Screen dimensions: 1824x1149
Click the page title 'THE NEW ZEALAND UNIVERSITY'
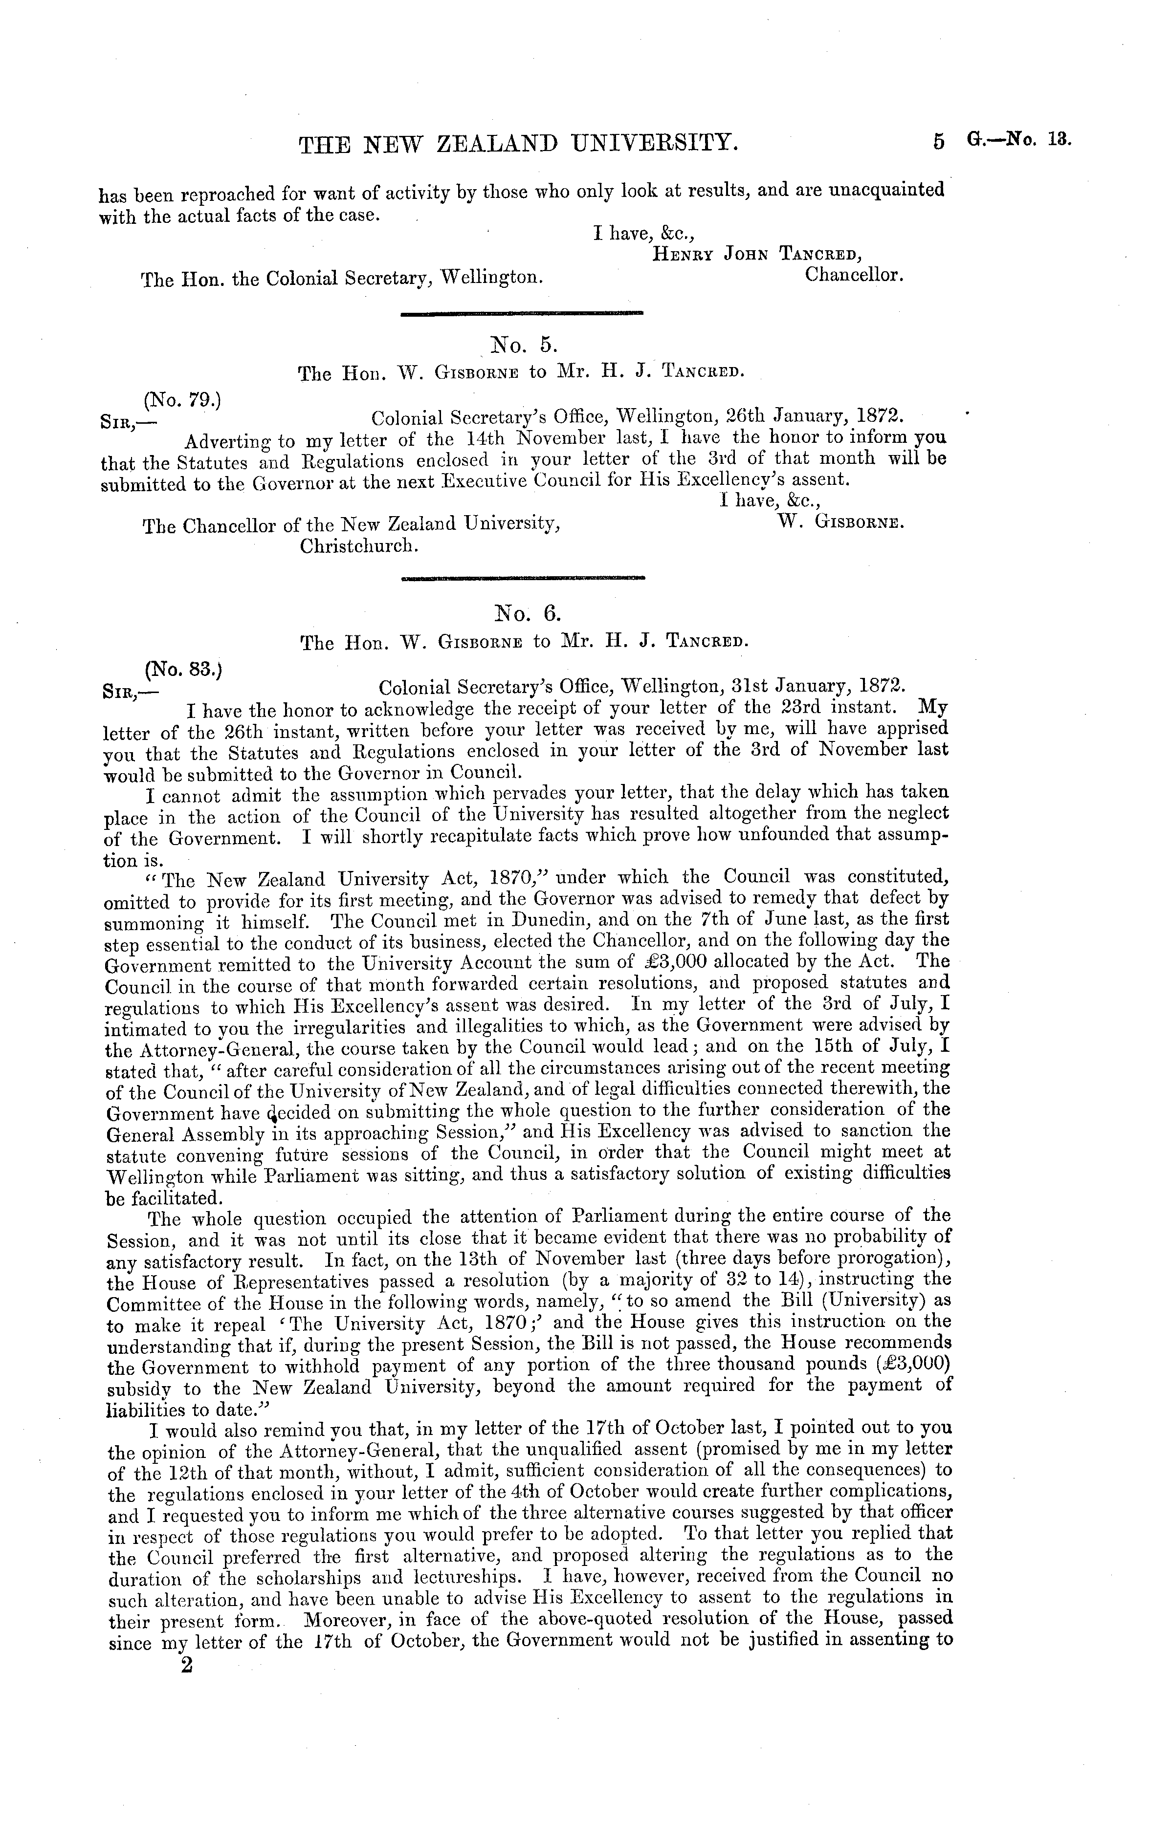[x=518, y=142]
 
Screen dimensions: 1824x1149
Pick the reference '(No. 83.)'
[x=183, y=669]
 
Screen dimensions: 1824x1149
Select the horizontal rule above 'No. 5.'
[x=521, y=312]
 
